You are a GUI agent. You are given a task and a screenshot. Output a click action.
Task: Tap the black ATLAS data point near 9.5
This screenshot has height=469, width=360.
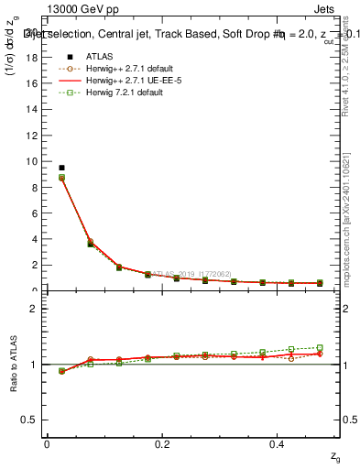[x=61, y=168]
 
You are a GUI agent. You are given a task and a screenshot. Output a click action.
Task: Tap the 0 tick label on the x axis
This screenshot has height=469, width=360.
[x=47, y=444]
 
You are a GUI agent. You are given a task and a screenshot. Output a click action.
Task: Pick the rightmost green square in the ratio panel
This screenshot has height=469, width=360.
[x=320, y=348]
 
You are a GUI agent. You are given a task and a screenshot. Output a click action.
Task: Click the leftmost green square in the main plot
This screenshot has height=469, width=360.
[x=61, y=177]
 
